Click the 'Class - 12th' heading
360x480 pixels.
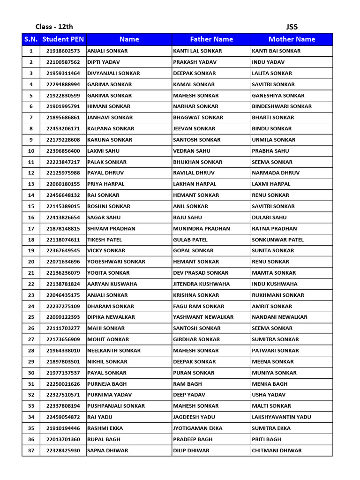54,27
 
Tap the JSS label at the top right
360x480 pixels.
292,27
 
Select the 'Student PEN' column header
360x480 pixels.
63,39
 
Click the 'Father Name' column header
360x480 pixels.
211,39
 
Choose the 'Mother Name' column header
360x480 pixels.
292,39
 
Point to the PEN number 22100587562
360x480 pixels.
63,62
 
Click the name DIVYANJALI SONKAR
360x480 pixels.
113,74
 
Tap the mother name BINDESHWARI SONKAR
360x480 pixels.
282,106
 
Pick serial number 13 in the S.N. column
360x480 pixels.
31,184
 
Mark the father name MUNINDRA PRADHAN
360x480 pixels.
202,229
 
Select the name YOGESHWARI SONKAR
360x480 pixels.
116,262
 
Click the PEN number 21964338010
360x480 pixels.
63,351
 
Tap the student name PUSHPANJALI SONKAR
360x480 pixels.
116,406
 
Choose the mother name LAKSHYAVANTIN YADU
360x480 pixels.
281,417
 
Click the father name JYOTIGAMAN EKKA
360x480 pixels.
197,428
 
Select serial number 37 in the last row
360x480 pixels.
31,450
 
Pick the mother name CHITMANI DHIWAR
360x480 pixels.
277,450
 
